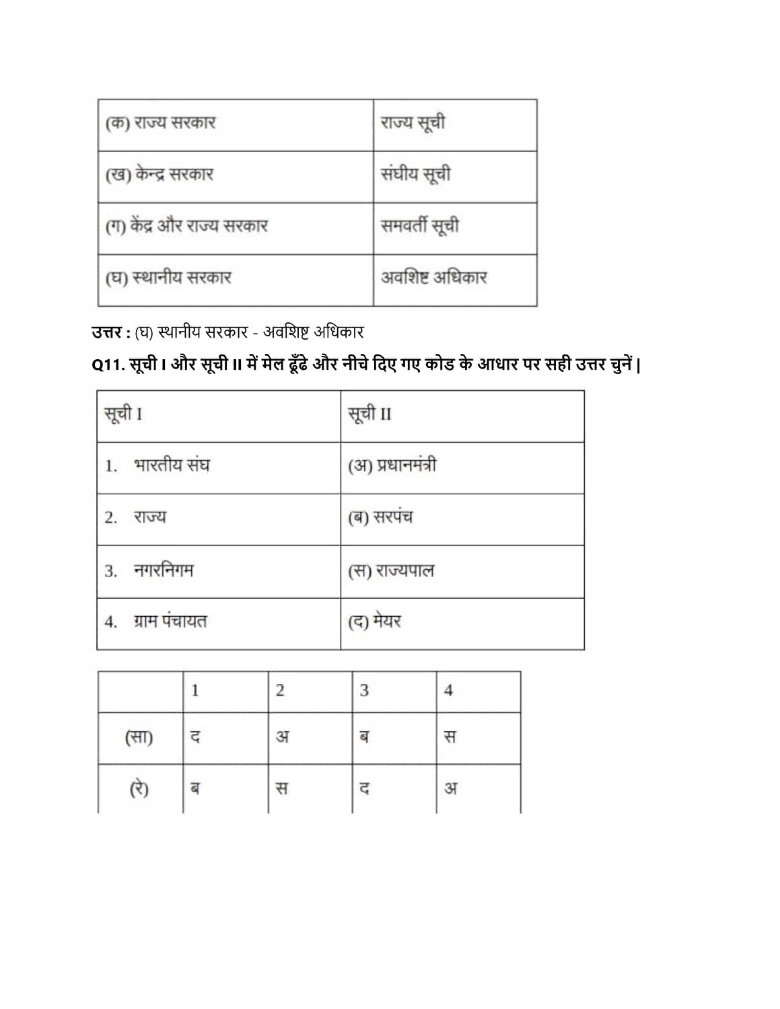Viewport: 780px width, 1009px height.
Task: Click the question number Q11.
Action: [108, 365]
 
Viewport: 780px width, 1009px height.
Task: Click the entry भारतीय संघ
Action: [172, 465]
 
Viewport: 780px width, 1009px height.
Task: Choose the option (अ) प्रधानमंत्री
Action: [392, 465]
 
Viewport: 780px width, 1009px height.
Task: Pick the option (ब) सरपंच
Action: [380, 517]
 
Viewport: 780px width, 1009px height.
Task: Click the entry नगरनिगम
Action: [164, 570]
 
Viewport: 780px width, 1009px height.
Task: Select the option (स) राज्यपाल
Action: [391, 570]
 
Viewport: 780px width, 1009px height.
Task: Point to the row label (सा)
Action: [139, 737]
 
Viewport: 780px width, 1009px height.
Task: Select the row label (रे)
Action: [139, 788]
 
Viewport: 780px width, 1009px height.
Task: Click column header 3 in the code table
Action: [364, 691]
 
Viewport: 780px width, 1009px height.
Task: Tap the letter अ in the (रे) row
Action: [450, 788]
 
